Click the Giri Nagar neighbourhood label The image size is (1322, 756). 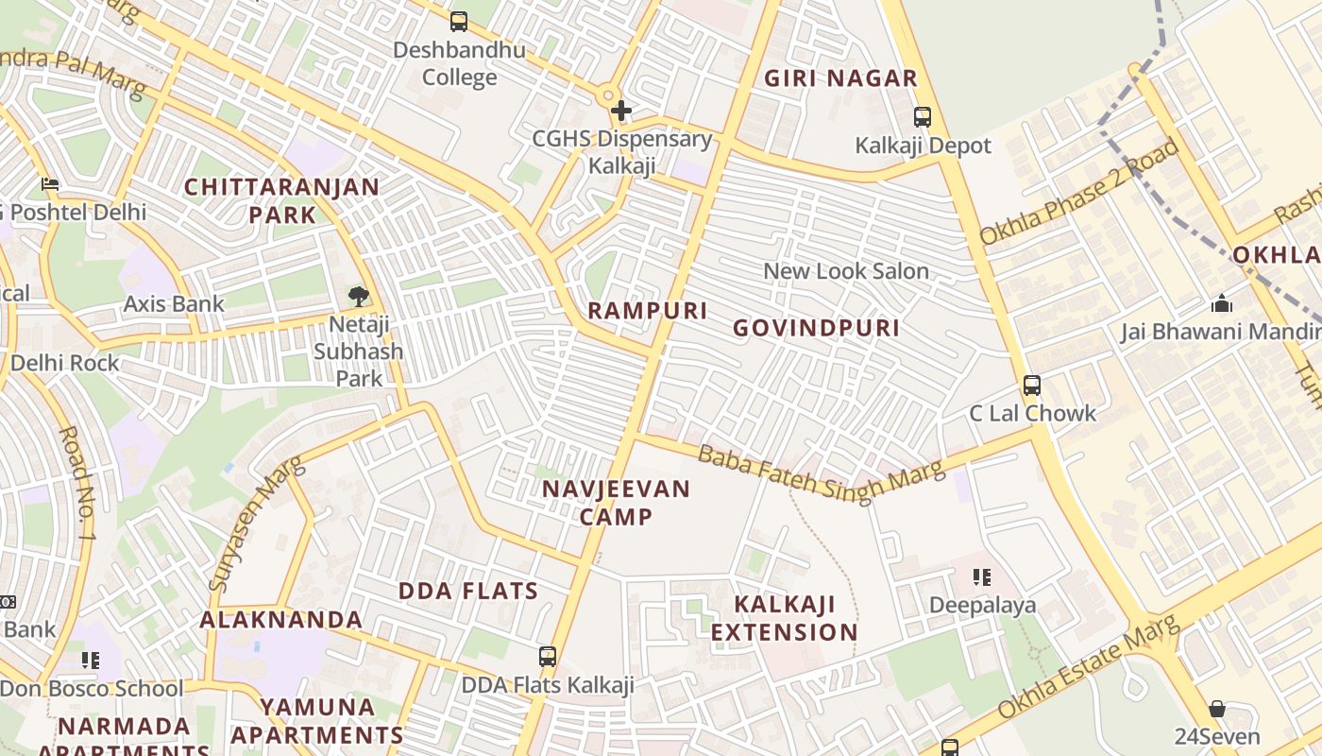[x=840, y=78]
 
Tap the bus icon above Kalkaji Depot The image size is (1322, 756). [x=922, y=117]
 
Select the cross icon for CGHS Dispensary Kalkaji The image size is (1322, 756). [x=620, y=112]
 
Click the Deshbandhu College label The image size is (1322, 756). [x=459, y=63]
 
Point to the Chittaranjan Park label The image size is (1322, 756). [x=281, y=200]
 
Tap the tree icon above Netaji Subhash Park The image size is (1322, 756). [x=358, y=297]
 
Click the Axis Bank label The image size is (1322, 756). [x=174, y=303]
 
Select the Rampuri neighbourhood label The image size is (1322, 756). [x=647, y=311]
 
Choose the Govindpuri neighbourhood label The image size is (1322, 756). [x=816, y=328]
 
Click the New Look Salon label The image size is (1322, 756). [x=846, y=271]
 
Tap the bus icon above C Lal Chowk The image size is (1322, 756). [x=1032, y=386]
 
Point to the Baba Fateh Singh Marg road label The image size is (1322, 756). [x=821, y=472]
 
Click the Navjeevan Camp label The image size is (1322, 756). [x=616, y=503]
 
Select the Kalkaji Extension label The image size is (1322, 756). [x=784, y=618]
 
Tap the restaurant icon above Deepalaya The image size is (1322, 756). [x=982, y=576]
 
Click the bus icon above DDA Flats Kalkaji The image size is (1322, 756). [x=547, y=657]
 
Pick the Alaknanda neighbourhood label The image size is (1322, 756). [x=280, y=620]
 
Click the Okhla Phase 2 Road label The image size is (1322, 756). [x=1079, y=192]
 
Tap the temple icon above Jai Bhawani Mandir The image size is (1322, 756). [x=1222, y=303]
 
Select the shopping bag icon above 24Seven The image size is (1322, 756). [x=1217, y=709]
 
